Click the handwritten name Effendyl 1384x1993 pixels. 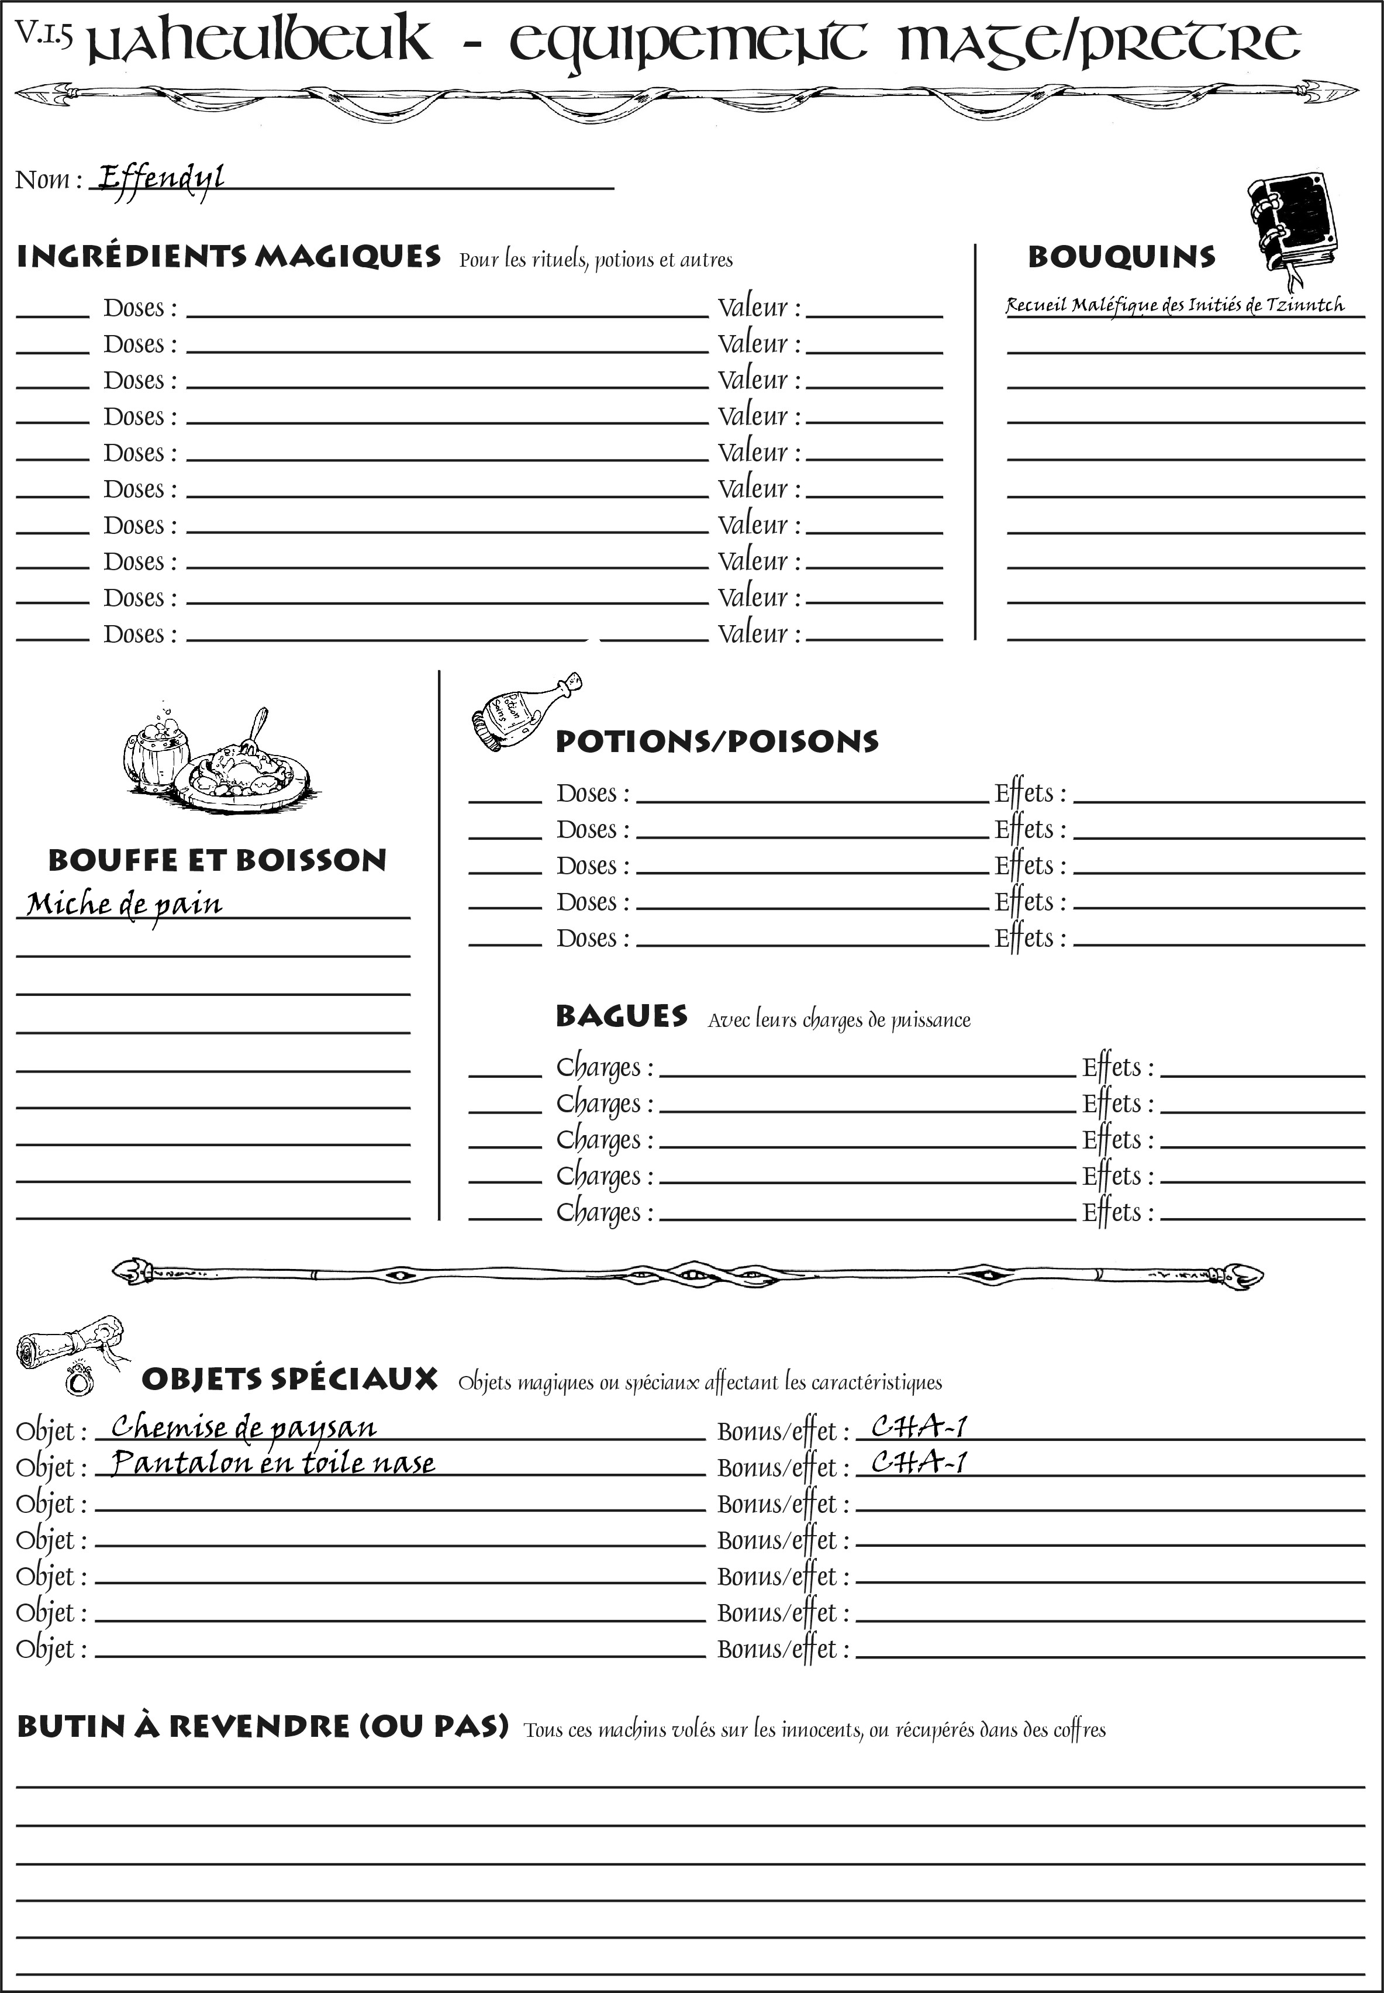click(160, 179)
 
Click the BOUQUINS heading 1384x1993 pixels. click(1121, 257)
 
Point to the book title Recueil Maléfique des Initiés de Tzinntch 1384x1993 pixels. click(1175, 305)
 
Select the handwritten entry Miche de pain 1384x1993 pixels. click(124, 905)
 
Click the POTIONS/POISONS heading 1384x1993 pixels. click(716, 742)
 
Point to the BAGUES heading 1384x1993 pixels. click(621, 1016)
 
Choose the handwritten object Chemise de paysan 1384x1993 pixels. click(244, 1427)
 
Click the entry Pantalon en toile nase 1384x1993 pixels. click(273, 1463)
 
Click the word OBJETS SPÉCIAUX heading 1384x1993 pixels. click(289, 1380)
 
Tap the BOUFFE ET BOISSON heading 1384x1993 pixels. click(217, 860)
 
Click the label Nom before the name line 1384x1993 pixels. click(43, 180)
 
